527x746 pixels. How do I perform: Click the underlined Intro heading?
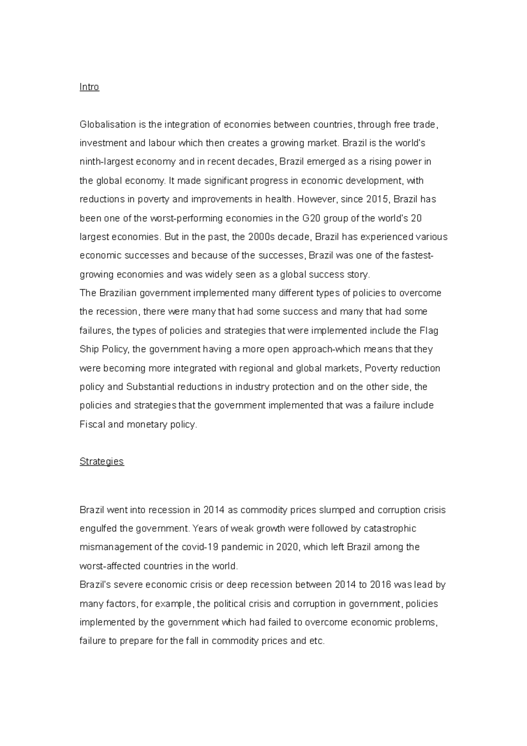[89, 87]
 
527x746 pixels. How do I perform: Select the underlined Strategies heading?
[101, 461]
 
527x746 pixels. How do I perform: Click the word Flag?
[429, 330]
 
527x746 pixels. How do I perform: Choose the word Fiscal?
[92, 424]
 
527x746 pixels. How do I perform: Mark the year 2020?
[287, 547]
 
